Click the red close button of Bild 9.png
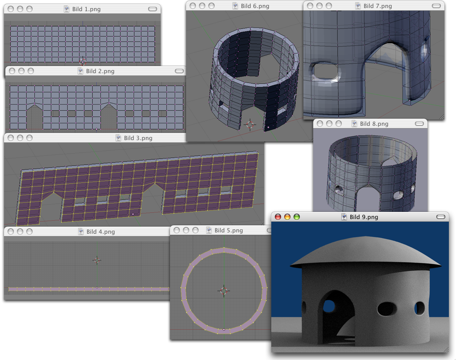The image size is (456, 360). coord(278,217)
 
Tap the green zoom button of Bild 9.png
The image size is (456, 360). coord(297,217)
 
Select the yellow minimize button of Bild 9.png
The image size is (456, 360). coord(287,217)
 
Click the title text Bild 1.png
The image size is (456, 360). coord(87,9)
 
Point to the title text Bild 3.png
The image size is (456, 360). coord(138,138)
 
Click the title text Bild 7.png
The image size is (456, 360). coord(378,6)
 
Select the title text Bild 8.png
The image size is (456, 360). coord(374,124)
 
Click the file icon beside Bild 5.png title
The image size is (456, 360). coord(209,230)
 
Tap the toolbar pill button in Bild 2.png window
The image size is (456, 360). coord(179,71)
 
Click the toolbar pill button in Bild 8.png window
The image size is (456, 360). coord(419,124)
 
